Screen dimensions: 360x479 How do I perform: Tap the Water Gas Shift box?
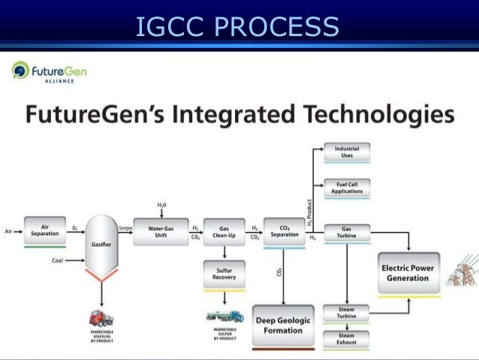click(161, 231)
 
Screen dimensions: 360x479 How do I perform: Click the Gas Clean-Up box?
click(224, 231)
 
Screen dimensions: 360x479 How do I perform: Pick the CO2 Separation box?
click(284, 231)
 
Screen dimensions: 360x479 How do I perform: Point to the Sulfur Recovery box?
click(224, 274)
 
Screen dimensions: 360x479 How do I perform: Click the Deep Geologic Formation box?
click(284, 325)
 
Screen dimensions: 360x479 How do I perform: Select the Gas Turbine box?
click(346, 231)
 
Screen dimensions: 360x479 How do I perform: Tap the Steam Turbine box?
click(346, 312)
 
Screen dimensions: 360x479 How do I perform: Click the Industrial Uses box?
click(346, 152)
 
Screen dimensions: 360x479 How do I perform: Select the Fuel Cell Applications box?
click(346, 188)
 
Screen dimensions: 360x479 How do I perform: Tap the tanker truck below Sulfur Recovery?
click(224, 316)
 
